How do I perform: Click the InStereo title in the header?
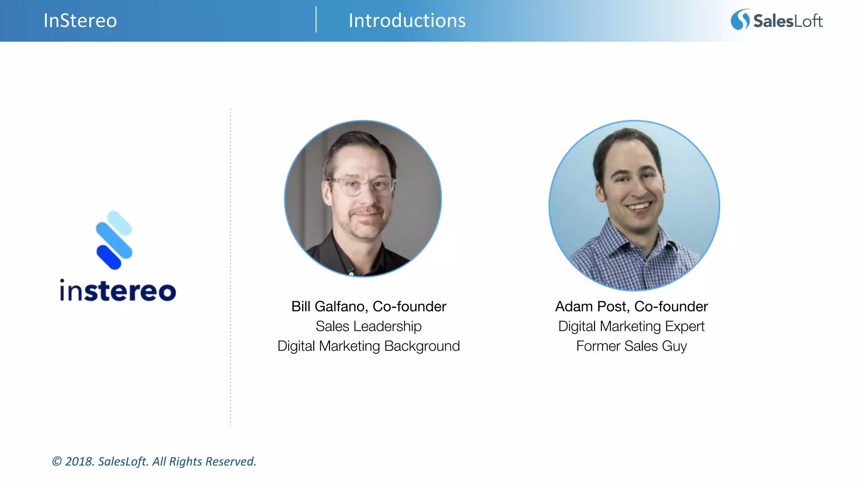80,21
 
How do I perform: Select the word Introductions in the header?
407,21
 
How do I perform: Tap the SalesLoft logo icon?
740,20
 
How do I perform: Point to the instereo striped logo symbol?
114,240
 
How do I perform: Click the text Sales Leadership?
368,326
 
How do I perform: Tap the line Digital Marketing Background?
368,346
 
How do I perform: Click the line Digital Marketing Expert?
631,326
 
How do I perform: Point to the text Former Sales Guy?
631,346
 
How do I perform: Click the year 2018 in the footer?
78,461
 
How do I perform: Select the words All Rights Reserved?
204,461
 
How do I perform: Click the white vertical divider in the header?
316,20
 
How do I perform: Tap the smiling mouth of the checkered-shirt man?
639,207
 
